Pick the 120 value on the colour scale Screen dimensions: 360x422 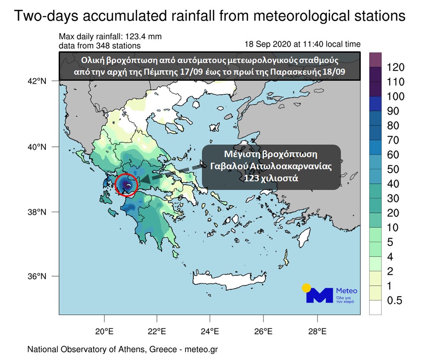click(396, 67)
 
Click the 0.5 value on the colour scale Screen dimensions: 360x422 click(395, 301)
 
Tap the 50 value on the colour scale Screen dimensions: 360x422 click(393, 169)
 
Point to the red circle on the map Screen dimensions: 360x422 click(126, 185)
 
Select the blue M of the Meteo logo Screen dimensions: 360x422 click(319, 295)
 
